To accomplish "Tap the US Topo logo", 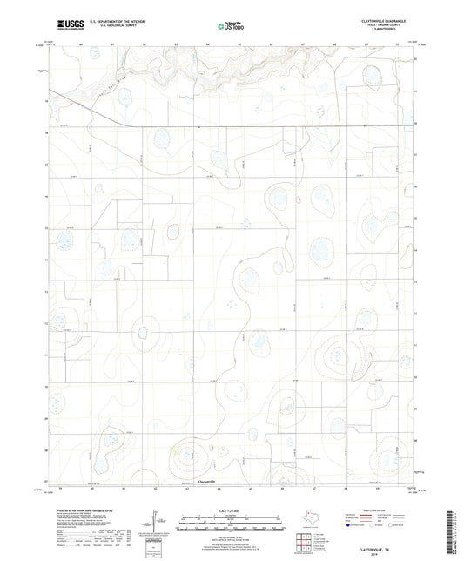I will [227, 27].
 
